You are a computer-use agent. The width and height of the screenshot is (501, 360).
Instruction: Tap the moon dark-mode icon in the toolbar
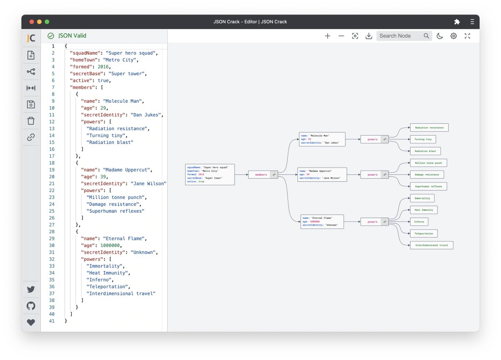440,36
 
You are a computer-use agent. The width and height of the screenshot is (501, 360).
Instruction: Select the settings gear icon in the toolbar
453,36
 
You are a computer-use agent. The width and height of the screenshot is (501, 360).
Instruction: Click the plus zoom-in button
327,36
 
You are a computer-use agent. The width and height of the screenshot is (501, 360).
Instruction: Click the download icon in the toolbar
369,36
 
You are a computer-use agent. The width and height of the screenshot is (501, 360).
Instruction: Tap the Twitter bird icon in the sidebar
31,289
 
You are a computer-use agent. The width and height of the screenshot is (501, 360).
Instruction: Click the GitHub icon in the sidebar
31,306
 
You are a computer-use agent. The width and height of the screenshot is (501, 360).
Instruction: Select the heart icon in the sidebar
31,322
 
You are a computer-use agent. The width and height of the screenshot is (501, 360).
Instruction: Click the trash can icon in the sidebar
31,121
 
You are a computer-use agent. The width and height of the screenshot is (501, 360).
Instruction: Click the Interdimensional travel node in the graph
431,245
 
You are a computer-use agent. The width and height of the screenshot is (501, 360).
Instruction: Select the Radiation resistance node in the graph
429,127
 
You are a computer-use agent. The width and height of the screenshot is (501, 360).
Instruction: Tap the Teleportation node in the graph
424,234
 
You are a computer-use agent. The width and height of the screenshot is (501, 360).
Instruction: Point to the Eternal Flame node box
322,222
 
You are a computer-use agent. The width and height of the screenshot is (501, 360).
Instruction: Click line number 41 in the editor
52,321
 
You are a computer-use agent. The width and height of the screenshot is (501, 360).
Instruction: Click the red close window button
32,22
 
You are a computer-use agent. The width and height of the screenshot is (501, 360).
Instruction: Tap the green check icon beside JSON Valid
51,36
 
